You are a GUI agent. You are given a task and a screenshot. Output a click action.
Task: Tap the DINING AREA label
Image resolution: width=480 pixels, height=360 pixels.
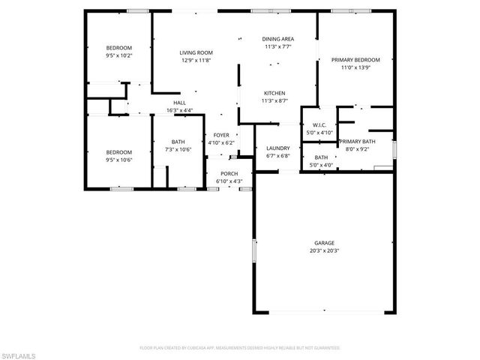[x=277, y=38]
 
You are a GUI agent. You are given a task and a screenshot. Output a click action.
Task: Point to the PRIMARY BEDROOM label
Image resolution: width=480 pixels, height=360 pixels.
[x=356, y=60]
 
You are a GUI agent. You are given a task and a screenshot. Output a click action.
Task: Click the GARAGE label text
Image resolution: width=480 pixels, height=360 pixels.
[x=324, y=243]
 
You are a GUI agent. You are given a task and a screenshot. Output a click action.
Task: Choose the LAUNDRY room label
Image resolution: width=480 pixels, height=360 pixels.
[x=277, y=148]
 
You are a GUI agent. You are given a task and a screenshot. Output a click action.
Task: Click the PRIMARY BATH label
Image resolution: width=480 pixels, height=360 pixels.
[x=357, y=141]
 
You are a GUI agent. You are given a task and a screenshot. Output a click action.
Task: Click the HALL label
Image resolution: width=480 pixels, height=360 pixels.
[x=179, y=103]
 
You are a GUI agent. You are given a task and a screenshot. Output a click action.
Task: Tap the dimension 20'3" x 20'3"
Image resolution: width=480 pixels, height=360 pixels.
[x=324, y=250]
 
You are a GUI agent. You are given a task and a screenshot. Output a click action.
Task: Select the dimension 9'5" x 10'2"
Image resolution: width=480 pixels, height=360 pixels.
[x=118, y=55]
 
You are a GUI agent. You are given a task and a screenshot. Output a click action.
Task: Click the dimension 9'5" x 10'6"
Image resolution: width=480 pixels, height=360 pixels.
[x=118, y=159]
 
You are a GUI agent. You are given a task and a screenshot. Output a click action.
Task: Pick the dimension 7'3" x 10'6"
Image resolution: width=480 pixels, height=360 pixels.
[x=178, y=149]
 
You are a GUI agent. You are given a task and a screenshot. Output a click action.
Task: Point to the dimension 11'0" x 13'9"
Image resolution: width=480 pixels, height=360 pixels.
[x=356, y=67]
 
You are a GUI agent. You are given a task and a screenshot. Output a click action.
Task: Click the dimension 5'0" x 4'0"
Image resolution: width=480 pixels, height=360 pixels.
[x=321, y=165]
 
